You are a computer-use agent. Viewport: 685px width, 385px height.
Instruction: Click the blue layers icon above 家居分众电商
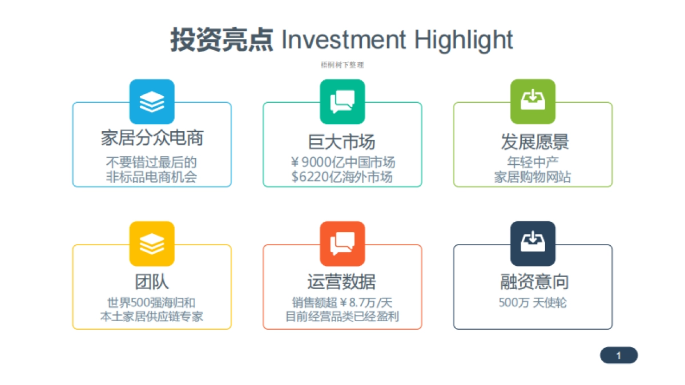pos(152,102)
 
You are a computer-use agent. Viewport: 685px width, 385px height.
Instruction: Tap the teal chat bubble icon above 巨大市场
pos(342,102)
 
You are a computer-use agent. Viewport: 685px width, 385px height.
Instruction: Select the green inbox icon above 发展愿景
pos(533,102)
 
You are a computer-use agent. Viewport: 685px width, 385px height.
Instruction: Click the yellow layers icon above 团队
pos(152,244)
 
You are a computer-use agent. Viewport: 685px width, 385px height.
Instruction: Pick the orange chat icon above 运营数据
pos(342,244)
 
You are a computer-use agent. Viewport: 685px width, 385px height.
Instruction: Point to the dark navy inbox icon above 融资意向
pos(533,244)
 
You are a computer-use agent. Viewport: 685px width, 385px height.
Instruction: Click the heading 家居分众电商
pos(152,137)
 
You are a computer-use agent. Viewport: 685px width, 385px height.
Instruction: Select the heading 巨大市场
pos(342,141)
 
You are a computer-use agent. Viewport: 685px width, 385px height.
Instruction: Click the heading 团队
pos(152,281)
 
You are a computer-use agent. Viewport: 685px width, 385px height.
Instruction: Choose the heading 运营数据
pos(342,281)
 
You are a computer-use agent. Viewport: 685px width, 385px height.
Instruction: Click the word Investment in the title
pos(344,40)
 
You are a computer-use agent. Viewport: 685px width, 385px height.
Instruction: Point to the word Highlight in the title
pos(464,40)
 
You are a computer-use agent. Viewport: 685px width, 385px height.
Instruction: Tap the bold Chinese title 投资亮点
pos(221,40)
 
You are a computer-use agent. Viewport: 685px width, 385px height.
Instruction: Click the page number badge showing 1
pos(618,355)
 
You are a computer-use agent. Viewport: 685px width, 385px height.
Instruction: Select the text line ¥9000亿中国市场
pos(342,162)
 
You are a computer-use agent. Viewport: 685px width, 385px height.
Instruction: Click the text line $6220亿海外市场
pos(342,177)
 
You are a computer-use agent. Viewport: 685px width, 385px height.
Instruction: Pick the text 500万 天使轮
pos(533,303)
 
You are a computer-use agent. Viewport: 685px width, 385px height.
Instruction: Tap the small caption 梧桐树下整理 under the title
pos(342,65)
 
